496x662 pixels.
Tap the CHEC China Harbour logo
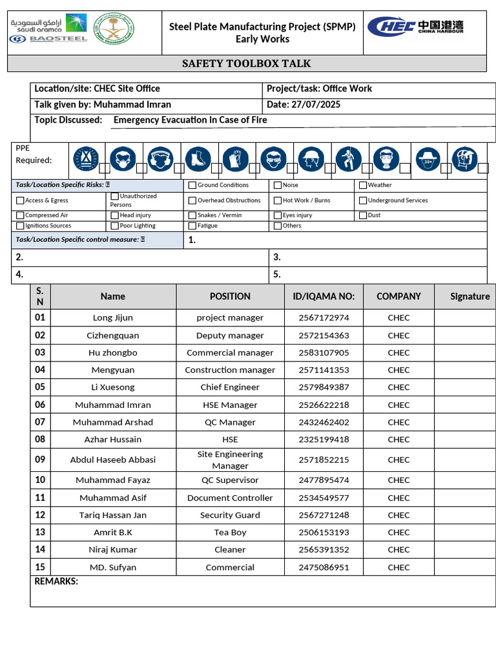(415, 27)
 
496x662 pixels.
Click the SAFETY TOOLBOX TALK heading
(246, 63)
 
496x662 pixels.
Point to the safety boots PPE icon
(198, 158)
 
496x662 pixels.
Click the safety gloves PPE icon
(235, 158)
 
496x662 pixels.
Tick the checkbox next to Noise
(278, 185)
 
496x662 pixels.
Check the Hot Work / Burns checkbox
(278, 200)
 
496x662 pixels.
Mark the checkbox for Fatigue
(192, 226)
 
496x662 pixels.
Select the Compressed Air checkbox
(20, 215)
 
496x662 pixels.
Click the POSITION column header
(230, 296)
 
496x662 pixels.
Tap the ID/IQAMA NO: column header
(324, 296)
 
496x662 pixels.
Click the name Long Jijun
(113, 317)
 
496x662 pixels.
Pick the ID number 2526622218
(324, 405)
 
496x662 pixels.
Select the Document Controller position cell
(230, 498)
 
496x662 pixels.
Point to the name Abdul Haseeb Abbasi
(113, 460)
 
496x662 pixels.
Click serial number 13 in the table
(40, 532)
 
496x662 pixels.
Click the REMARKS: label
(56, 581)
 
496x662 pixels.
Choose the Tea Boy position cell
(230, 532)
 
